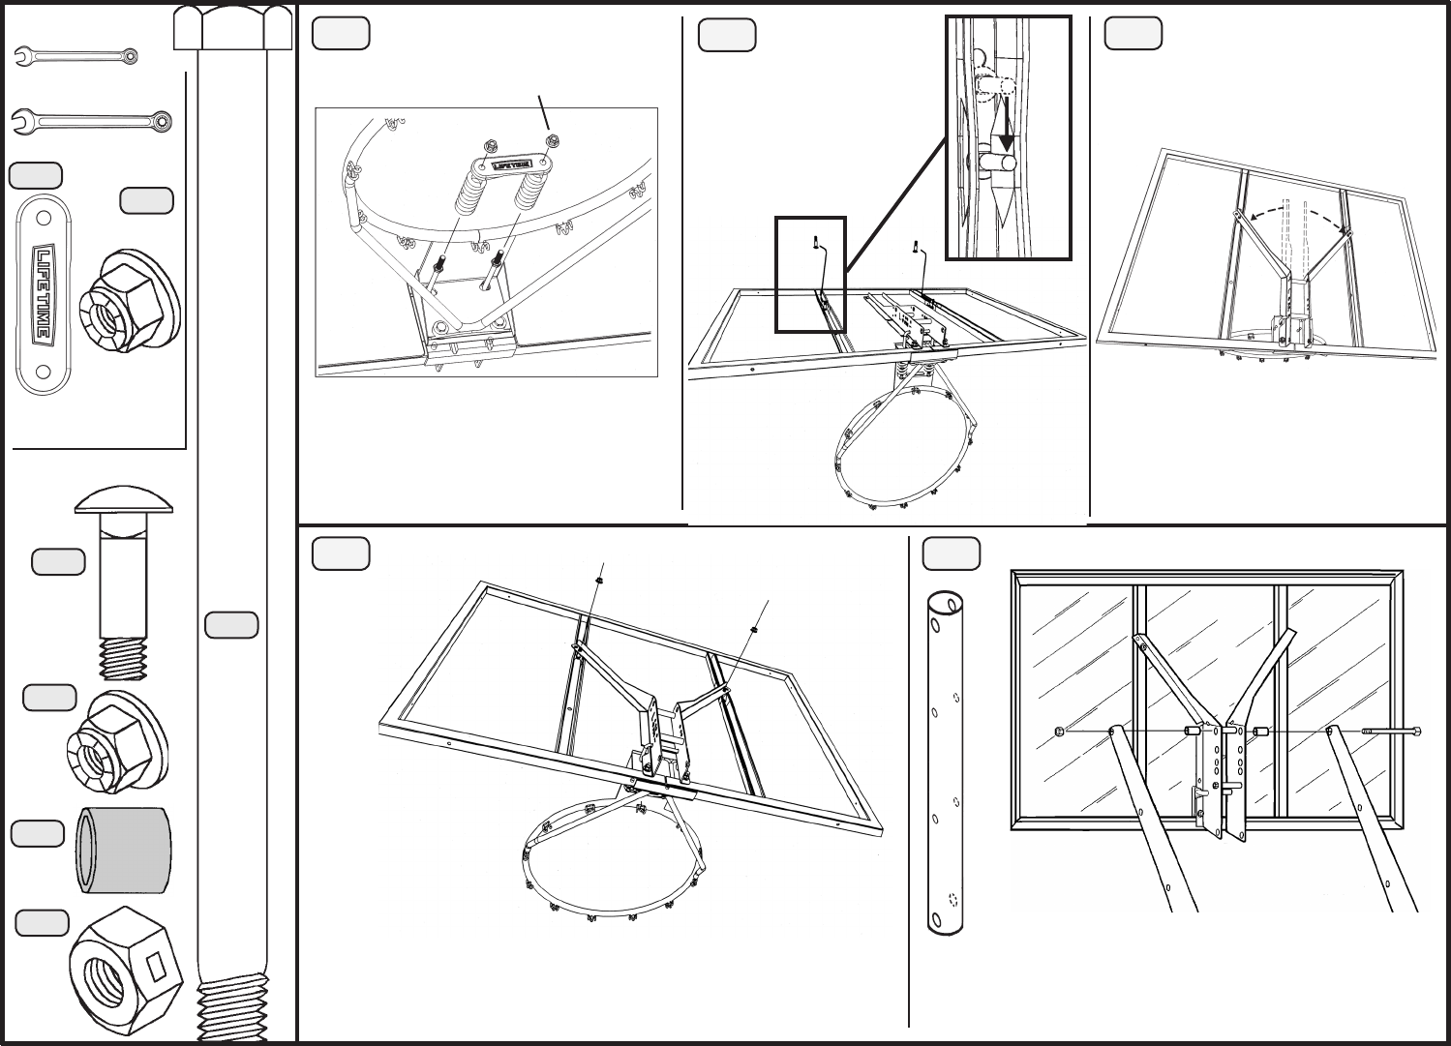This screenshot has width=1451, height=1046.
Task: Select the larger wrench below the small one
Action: (x=92, y=122)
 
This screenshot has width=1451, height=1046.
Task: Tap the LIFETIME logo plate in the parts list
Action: (x=43, y=294)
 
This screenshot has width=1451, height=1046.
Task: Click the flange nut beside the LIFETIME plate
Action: (x=132, y=291)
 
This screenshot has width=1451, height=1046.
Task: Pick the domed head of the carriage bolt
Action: (x=125, y=502)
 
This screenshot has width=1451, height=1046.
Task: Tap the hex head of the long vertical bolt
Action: (x=232, y=26)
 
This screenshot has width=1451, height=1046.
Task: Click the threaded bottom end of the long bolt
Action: (x=232, y=1011)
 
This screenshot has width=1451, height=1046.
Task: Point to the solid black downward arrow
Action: (x=1007, y=124)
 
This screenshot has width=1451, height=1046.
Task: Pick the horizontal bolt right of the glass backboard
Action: (x=1391, y=732)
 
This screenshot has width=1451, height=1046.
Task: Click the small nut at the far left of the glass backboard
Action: (x=1060, y=731)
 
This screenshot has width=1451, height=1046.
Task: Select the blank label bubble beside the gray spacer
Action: (x=37, y=835)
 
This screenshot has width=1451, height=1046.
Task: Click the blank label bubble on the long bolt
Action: (x=231, y=625)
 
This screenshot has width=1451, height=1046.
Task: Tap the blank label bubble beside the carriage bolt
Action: (x=58, y=561)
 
